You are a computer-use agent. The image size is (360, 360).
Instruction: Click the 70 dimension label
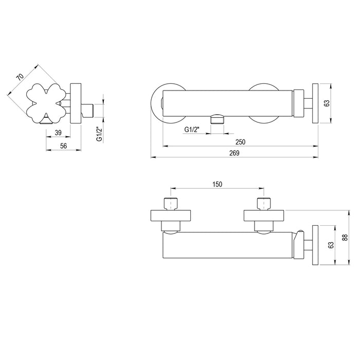pos(20,77)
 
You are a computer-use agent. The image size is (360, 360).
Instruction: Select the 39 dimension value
pos(58,133)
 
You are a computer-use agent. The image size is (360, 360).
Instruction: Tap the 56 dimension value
pos(63,146)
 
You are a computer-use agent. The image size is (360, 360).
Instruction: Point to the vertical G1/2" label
pos(99,135)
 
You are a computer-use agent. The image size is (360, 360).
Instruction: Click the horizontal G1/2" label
pos(192,130)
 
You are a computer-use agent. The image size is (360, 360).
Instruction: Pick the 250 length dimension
pos(240,142)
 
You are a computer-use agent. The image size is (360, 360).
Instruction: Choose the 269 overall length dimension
pos(235,153)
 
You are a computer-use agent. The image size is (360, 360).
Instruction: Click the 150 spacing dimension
pos(217,184)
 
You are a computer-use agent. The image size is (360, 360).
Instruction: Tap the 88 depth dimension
pos(345,237)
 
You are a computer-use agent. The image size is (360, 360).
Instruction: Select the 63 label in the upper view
pos(327,103)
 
